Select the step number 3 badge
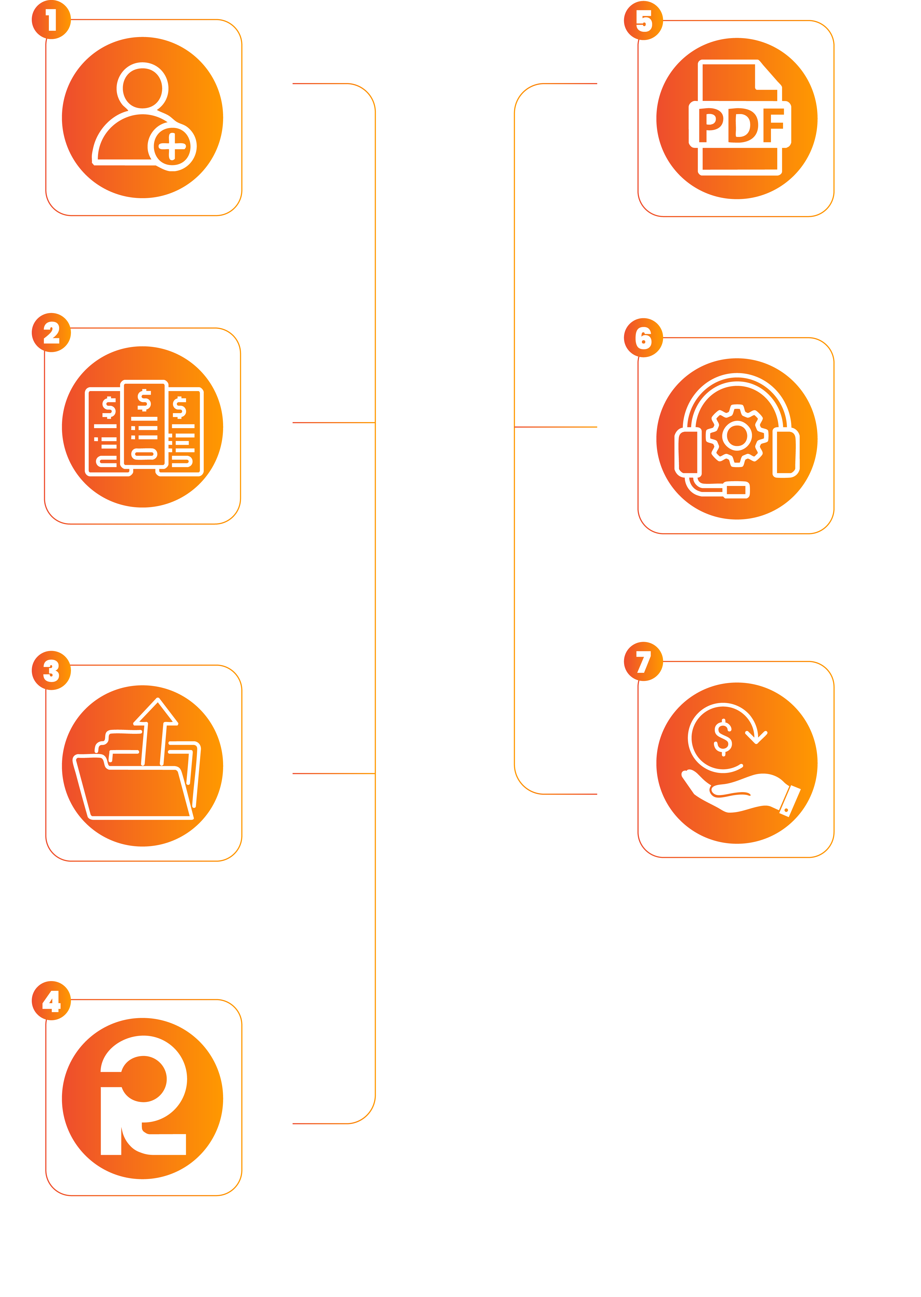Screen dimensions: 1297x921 (x=51, y=671)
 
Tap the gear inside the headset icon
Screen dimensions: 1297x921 (x=737, y=435)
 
